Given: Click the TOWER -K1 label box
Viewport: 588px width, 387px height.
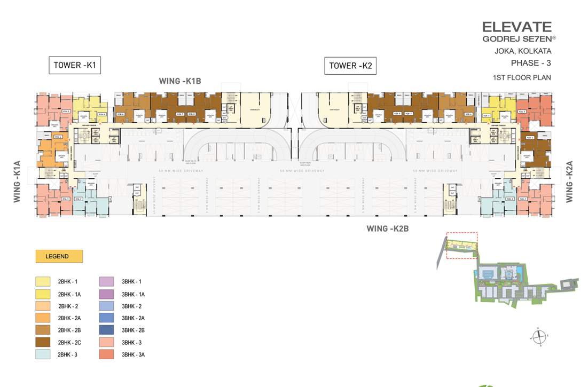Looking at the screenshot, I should point(75,65).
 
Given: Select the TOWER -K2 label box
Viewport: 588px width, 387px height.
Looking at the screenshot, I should point(350,66).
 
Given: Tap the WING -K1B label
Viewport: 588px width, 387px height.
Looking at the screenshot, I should point(179,81).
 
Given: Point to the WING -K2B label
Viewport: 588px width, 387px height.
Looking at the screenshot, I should point(387,228).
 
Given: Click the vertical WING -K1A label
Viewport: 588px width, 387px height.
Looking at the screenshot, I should point(17,181).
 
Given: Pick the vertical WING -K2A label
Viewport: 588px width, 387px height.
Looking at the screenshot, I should point(569,182).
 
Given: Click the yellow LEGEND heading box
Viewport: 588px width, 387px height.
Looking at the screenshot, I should point(59,256).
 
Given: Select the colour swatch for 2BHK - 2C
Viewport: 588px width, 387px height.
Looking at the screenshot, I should point(43,342).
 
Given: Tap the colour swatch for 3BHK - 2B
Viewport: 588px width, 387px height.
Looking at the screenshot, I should point(107,330).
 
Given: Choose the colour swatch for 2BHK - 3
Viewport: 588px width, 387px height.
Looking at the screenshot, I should point(43,354).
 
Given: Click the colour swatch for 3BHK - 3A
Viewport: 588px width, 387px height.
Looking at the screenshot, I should point(107,354).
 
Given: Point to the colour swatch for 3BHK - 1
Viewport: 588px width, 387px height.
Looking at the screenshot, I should point(107,281).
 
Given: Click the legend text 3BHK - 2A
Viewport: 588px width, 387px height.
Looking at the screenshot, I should point(134,318).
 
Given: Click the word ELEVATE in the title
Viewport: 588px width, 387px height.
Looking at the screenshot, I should point(516,26).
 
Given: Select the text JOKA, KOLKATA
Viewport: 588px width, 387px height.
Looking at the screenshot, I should point(523,52).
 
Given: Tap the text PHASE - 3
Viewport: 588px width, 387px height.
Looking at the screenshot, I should point(531,63).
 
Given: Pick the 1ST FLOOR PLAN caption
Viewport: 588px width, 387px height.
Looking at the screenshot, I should point(522,78).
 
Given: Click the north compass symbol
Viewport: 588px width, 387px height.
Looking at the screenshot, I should point(539,337).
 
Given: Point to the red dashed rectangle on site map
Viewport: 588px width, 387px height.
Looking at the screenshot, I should point(461,246).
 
